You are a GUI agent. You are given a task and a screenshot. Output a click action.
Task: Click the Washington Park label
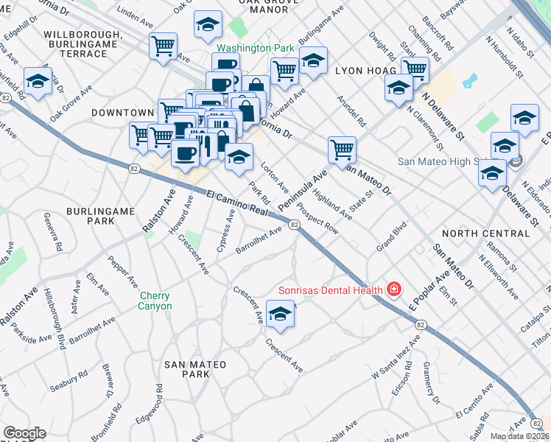(256, 48)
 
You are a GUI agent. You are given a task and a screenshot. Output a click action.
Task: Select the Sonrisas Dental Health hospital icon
(394, 289)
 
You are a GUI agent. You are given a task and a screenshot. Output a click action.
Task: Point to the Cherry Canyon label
(155, 301)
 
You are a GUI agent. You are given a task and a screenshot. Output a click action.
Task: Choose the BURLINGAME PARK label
(100, 216)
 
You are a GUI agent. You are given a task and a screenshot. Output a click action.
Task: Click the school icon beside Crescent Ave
(280, 315)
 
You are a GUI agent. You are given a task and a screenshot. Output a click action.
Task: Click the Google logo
(24, 433)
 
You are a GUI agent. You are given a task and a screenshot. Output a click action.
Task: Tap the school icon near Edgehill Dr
(38, 81)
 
